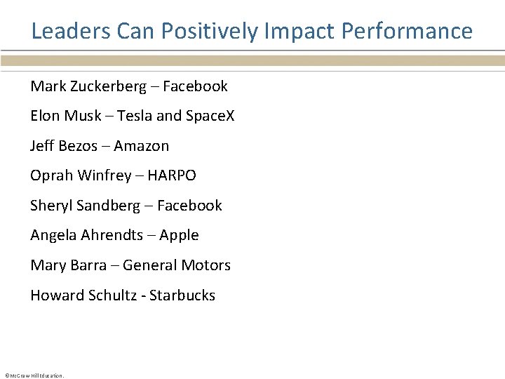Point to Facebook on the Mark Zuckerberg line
tap(195, 86)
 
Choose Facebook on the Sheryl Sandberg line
tap(189, 206)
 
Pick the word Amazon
tap(142, 146)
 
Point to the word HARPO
tap(171, 175)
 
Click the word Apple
tap(179, 235)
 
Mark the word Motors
tap(206, 265)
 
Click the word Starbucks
tap(182, 295)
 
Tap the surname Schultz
tap(112, 295)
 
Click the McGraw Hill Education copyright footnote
tap(34, 375)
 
